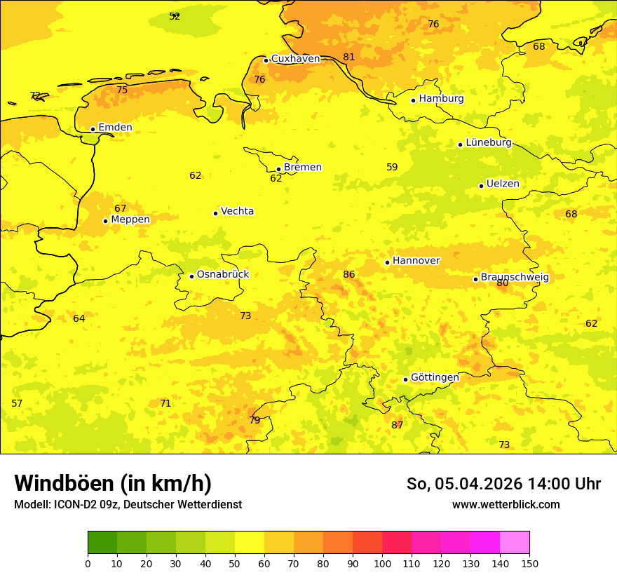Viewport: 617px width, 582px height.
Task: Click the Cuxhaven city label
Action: point(295,59)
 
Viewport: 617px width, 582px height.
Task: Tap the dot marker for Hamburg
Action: point(414,100)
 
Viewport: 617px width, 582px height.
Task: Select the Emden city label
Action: point(115,128)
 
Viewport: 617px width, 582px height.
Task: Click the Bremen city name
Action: point(302,168)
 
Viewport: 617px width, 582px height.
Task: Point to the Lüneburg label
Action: point(488,142)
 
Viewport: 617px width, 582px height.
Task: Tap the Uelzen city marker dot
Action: point(481,186)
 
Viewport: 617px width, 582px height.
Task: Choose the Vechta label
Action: point(237,211)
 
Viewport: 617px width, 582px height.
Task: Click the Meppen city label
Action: point(130,219)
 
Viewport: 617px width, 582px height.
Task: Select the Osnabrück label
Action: point(222,274)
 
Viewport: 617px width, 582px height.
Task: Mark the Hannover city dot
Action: point(387,262)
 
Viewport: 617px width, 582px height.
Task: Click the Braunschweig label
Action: point(515,278)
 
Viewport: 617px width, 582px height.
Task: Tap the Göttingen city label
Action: point(435,377)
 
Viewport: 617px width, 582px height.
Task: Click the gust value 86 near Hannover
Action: point(349,274)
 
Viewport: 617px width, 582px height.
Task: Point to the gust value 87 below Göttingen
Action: point(398,425)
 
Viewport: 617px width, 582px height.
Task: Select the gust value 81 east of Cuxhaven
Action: point(349,57)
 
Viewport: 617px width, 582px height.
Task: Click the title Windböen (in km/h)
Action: point(113,483)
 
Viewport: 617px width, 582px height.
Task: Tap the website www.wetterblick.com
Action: point(506,504)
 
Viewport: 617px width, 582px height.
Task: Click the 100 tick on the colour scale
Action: point(382,563)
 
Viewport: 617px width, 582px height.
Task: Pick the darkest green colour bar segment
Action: point(102,543)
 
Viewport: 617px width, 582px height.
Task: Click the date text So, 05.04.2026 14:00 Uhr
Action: point(503,484)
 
